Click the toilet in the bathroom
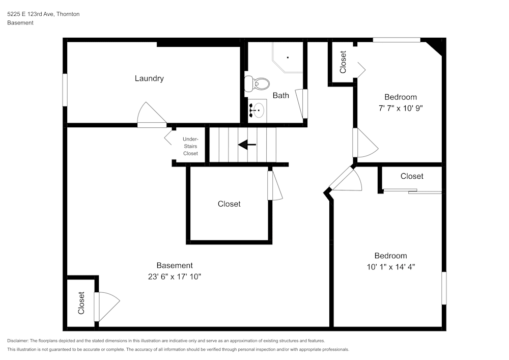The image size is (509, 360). click(x=257, y=84)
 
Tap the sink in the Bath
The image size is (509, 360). click(x=258, y=110)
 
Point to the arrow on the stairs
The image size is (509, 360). click(x=247, y=145)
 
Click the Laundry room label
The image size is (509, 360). click(x=149, y=78)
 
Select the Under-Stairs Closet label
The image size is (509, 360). click(x=190, y=146)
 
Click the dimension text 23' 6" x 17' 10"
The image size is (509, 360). click(x=175, y=276)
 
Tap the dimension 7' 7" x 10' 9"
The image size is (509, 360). click(x=401, y=108)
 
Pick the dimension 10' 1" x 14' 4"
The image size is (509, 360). click(x=391, y=267)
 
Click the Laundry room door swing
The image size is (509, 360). click(x=152, y=115)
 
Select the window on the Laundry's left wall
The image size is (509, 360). click(x=65, y=90)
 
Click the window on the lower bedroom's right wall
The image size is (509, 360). click(x=444, y=288)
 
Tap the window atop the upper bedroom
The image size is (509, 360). click(x=397, y=40)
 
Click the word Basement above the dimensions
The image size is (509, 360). click(x=175, y=265)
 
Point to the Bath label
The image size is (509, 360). click(x=281, y=95)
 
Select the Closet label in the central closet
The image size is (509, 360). click(x=229, y=204)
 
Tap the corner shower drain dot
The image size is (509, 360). click(x=288, y=58)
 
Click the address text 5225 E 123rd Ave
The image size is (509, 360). click(x=31, y=14)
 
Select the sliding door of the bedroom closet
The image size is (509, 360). click(x=412, y=191)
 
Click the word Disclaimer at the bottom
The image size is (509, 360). click(x=17, y=341)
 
